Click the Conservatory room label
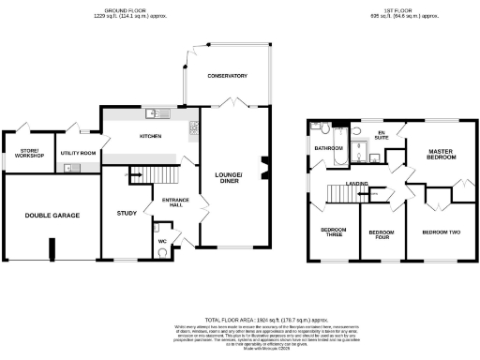[227, 75]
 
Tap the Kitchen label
[151, 136]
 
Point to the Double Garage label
[52, 216]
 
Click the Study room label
[127, 212]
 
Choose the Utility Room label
[78, 152]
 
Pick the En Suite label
[382, 136]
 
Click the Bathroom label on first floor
[329, 148]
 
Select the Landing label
[355, 184]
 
